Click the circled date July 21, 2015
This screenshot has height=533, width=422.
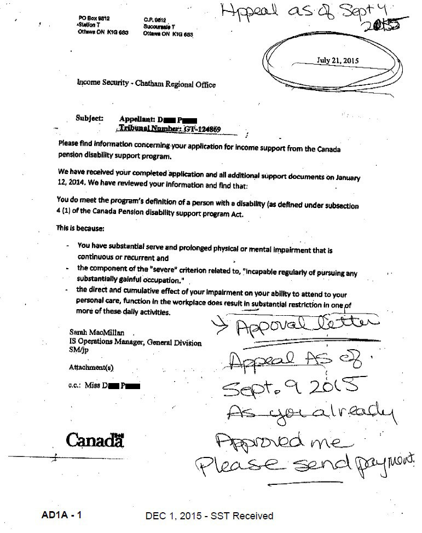tap(338, 61)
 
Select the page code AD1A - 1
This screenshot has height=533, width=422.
tap(61, 515)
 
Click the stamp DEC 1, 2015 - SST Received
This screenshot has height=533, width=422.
tap(209, 515)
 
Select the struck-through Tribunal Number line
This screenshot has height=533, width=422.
tap(170, 129)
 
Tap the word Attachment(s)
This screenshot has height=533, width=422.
tap(91, 367)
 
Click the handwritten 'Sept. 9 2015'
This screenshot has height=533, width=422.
tap(290, 386)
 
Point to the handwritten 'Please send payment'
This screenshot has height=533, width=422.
tap(307, 466)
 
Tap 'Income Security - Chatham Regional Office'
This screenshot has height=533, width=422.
tap(146, 84)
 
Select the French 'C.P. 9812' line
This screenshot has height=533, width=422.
tap(155, 18)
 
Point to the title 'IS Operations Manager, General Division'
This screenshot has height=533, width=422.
tap(135, 343)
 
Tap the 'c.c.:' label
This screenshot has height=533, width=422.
tap(75, 386)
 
